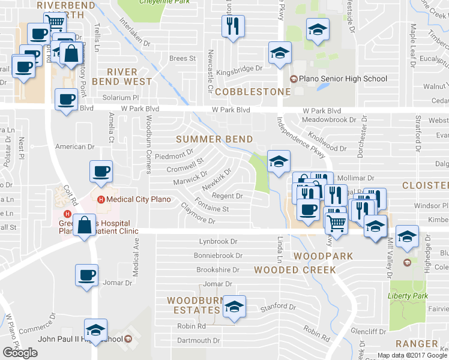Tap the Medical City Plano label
tap(139, 199)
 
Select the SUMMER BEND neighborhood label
tap(214, 139)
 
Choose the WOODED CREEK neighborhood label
tap(295, 270)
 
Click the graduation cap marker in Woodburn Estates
tap(234, 307)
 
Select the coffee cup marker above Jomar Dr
tap(87, 275)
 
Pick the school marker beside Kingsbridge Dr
tap(279, 53)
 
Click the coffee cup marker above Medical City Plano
tap(101, 171)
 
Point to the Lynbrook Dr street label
tap(220, 242)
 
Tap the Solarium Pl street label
tap(120, 97)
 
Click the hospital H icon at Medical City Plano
tap(101, 199)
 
